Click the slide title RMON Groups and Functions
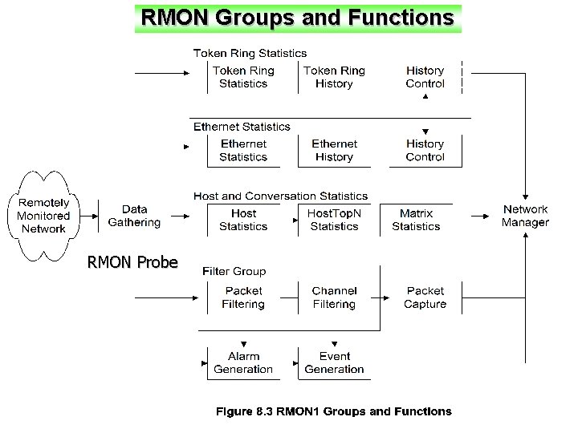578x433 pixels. pyautogui.click(x=298, y=17)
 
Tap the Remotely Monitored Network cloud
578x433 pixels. pyautogui.click(x=43, y=216)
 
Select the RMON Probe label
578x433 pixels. pyautogui.click(x=132, y=261)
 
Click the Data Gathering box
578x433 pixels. pyautogui.click(x=134, y=216)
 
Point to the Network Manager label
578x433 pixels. pyautogui.click(x=525, y=216)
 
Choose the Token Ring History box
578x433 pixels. pyautogui.click(x=334, y=77)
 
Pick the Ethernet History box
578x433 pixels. pyautogui.click(x=334, y=151)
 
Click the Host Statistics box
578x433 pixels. pyautogui.click(x=243, y=220)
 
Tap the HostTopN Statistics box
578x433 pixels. pyautogui.click(x=334, y=220)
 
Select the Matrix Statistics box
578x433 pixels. pyautogui.click(x=416, y=220)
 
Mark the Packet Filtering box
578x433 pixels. pyautogui.click(x=243, y=297)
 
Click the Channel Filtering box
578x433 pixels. pyautogui.click(x=334, y=297)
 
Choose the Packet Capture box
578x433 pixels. pyautogui.click(x=425, y=297)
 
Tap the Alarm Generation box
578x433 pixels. pyautogui.click(x=243, y=362)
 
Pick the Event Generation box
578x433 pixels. pyautogui.click(x=334, y=362)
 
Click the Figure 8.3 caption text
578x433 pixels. pyautogui.click(x=333, y=411)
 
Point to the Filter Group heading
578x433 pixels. pyautogui.click(x=234, y=272)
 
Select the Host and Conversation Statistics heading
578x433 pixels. pyautogui.click(x=280, y=196)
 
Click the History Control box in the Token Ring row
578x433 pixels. pyautogui.click(x=425, y=77)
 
